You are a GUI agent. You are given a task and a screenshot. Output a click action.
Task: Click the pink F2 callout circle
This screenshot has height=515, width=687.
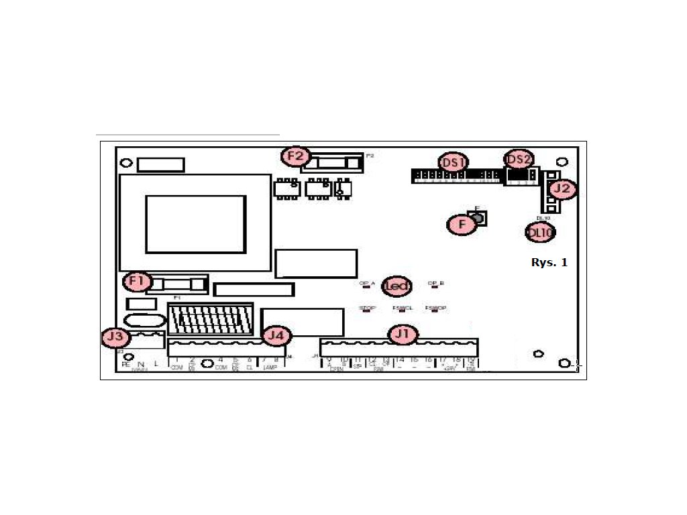[296, 157]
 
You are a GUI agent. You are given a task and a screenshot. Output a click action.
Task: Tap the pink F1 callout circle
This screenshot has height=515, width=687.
[137, 282]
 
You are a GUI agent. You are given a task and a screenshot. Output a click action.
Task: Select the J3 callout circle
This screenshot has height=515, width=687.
[115, 337]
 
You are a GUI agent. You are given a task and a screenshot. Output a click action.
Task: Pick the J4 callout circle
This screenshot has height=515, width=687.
[276, 335]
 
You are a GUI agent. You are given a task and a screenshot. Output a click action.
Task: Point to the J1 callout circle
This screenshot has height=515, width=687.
[403, 333]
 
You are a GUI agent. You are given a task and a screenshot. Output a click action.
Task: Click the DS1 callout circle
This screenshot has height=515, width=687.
[454, 163]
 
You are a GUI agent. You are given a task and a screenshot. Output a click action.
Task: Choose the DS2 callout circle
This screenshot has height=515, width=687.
[519, 160]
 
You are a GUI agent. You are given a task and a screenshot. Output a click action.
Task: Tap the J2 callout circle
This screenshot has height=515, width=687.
[562, 189]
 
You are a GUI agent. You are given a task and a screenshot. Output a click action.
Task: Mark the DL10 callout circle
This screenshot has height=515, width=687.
[540, 233]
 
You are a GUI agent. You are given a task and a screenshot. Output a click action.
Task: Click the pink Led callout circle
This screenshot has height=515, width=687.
[397, 287]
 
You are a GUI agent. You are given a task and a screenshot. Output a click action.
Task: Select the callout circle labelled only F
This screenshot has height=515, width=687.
[462, 225]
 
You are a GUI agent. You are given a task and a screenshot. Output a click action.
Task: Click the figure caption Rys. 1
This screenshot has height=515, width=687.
[549, 262]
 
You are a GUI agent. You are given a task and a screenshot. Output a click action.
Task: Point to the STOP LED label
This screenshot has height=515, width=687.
[367, 308]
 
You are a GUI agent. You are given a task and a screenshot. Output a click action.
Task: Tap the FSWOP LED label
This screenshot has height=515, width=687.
[435, 308]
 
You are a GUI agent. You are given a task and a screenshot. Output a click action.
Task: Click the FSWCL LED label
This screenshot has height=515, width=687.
[402, 308]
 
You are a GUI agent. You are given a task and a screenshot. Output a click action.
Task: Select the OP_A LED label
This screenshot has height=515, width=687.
[366, 283]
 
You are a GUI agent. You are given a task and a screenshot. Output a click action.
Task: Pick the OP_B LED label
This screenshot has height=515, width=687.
[436, 283]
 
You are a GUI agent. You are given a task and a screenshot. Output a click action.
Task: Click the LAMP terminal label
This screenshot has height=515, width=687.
[270, 367]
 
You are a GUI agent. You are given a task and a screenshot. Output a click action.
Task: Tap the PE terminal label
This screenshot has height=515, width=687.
[125, 364]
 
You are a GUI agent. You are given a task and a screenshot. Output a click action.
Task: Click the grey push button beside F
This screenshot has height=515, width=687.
[478, 217]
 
